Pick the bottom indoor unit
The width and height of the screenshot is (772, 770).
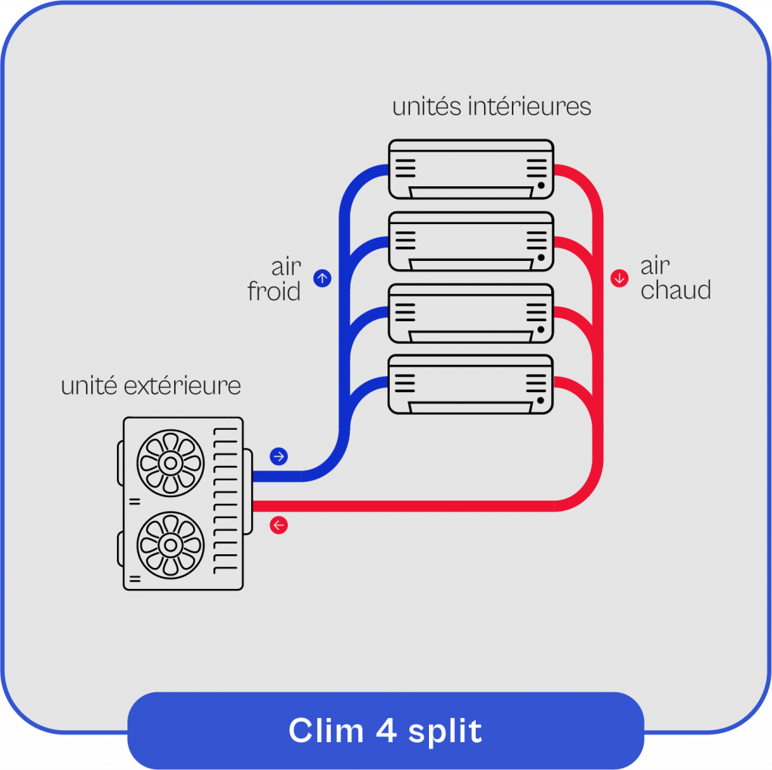[471, 384]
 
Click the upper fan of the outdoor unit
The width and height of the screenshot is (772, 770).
[170, 462]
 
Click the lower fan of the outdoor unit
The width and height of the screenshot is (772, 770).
[170, 545]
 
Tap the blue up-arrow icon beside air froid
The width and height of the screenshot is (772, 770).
[322, 278]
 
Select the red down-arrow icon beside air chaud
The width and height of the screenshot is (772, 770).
[620, 278]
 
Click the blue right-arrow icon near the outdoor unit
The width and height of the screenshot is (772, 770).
[279, 456]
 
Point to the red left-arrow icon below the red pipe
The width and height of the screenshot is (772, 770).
[279, 525]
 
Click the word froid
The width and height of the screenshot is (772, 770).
[274, 291]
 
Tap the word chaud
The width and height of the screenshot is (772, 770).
[675, 290]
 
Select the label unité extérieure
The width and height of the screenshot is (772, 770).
[151, 386]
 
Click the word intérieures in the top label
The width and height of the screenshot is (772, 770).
[529, 106]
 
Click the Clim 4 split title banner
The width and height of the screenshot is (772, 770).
[385, 730]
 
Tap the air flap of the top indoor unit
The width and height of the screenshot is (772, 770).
[471, 192]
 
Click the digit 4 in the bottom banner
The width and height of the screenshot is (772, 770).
[384, 731]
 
